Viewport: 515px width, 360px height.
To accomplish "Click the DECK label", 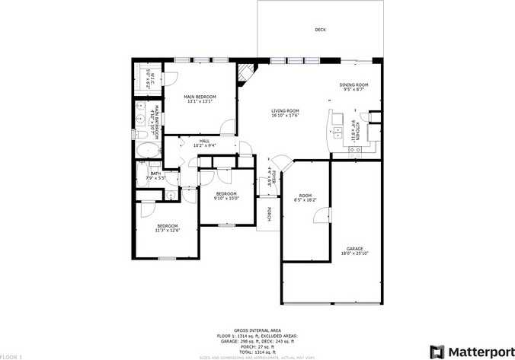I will pos(321,30).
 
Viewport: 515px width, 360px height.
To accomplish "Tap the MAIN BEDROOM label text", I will pos(200,97).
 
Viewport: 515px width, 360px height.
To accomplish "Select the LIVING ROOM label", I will pos(285,111).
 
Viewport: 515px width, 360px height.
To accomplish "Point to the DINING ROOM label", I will pos(353,84).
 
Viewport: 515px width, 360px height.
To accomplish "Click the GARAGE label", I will pos(354,248).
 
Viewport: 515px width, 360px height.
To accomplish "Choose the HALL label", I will pos(204,141).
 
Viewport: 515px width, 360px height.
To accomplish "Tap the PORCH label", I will pos(270,215).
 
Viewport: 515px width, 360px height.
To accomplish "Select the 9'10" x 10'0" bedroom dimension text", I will pos(226,198).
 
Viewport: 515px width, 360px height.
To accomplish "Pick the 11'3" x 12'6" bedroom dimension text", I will pos(167,230).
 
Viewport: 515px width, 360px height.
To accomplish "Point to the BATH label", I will pos(155,174).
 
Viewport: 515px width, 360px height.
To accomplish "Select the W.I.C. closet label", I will pos(152,76).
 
